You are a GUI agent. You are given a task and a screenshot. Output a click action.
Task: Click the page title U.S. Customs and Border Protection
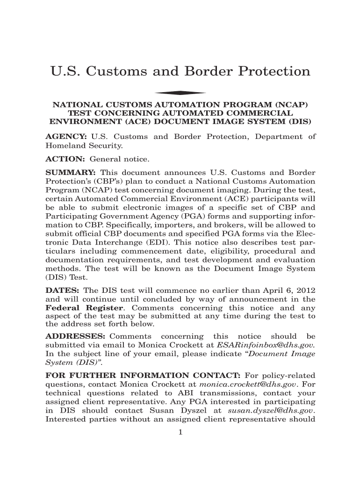click(180, 72)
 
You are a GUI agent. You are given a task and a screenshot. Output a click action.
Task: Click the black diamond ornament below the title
click(180, 93)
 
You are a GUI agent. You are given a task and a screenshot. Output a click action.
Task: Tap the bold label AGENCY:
click(65, 137)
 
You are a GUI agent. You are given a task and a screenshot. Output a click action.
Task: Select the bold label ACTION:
click(65, 159)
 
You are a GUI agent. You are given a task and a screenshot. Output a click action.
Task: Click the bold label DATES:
click(62, 290)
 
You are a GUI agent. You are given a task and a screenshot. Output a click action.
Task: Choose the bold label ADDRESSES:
click(75, 336)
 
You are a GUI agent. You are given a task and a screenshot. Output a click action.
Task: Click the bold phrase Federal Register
click(84, 308)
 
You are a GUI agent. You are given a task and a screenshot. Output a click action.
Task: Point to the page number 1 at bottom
click(180, 432)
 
